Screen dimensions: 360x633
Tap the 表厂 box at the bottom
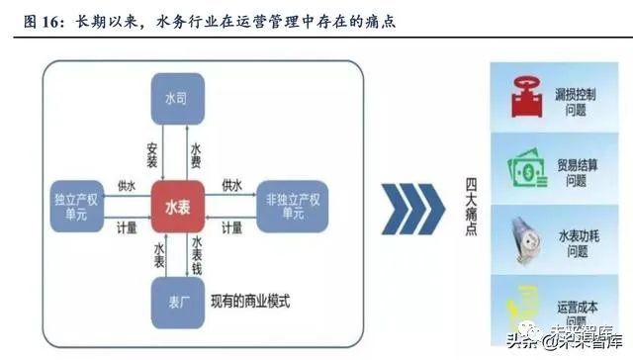pyautogui.click(x=177, y=301)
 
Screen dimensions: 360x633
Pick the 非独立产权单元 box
pyautogui.click(x=286, y=205)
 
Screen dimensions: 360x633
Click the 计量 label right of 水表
pyautogui.click(x=232, y=226)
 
